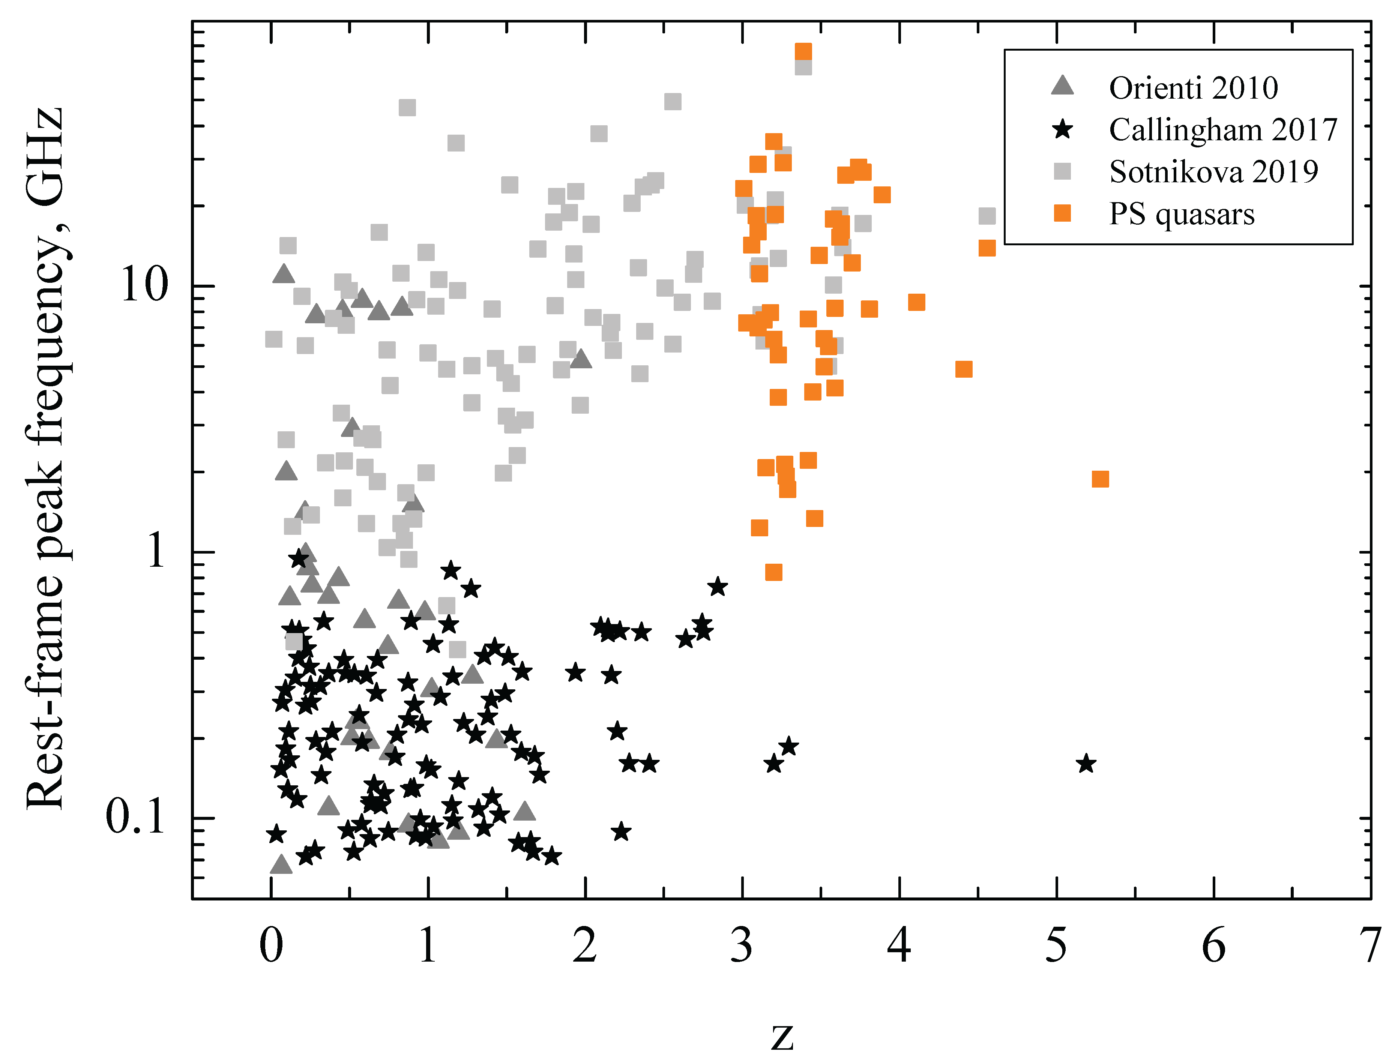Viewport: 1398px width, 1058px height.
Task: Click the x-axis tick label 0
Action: (x=271, y=946)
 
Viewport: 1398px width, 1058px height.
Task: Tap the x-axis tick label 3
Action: (x=742, y=946)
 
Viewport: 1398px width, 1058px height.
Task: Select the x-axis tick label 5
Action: (x=1056, y=946)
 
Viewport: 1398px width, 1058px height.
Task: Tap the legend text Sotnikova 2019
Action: (x=1213, y=172)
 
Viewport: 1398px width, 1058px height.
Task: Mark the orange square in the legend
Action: (x=1062, y=214)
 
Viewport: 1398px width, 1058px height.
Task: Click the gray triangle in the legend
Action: (x=1062, y=86)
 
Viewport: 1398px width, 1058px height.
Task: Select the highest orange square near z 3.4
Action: (x=803, y=51)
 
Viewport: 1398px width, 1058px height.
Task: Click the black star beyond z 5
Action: (x=1086, y=764)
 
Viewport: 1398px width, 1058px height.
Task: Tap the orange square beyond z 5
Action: (x=1100, y=479)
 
